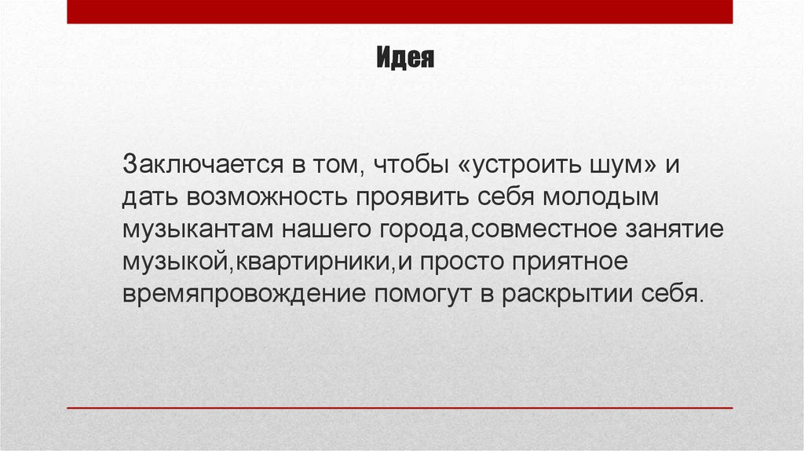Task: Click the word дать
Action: (148, 198)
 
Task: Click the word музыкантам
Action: (199, 230)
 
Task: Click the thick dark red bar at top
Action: (400, 12)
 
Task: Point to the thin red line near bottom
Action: (400, 408)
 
